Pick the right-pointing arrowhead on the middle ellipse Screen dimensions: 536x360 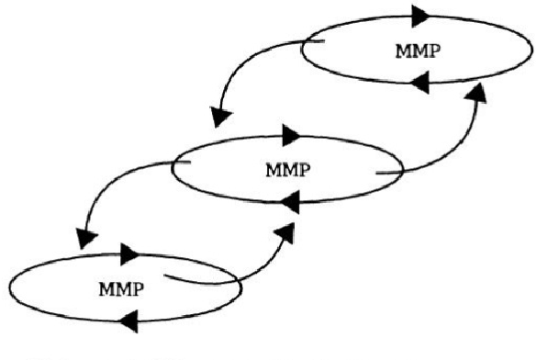click(x=292, y=135)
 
